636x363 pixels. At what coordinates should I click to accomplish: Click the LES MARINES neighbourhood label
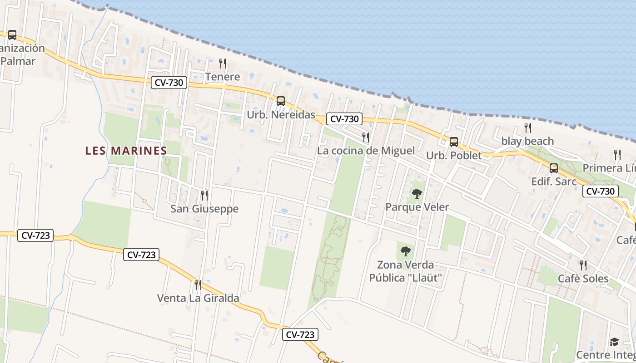point(126,151)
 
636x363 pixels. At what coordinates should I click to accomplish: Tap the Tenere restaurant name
point(223,77)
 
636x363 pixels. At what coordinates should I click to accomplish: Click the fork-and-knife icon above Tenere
point(223,63)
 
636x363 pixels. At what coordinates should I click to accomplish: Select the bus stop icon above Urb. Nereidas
point(281,101)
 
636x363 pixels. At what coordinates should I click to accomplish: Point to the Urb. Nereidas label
point(281,115)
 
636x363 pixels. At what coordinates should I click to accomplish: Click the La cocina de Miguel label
point(366,151)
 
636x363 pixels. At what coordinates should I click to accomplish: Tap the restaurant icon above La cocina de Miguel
point(366,137)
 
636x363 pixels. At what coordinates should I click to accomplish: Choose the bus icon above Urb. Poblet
point(453,142)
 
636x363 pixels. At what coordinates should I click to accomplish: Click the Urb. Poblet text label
point(453,156)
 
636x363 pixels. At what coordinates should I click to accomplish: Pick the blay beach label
point(527,141)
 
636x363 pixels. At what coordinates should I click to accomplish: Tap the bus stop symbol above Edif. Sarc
point(553,168)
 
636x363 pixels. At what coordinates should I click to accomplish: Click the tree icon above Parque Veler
point(417,194)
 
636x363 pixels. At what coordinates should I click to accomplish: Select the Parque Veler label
point(417,207)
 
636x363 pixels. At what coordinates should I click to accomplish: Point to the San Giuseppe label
point(204,209)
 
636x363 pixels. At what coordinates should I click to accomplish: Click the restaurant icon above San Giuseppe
point(204,195)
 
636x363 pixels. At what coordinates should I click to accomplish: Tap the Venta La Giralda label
point(198,298)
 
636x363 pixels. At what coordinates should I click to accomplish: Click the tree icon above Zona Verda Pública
point(405,251)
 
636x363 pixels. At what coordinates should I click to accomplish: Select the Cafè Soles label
point(583,279)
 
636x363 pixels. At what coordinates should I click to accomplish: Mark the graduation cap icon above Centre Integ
point(614,342)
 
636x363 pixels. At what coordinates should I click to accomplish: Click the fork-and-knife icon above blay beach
point(527,128)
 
